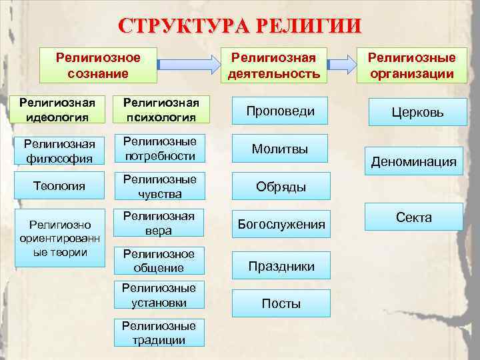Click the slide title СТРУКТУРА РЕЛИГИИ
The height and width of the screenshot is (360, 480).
click(x=239, y=26)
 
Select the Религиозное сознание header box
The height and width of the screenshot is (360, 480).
click(x=98, y=65)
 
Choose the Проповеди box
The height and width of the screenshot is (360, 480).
click(x=279, y=111)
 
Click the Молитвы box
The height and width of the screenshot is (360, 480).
click(x=279, y=149)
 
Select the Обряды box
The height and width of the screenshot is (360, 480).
click(x=281, y=187)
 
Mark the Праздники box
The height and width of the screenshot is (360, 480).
click(x=281, y=266)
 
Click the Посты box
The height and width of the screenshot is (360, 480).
click(x=281, y=303)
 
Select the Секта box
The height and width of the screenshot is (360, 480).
click(x=414, y=217)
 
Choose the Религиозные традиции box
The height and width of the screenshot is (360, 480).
click(x=159, y=332)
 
